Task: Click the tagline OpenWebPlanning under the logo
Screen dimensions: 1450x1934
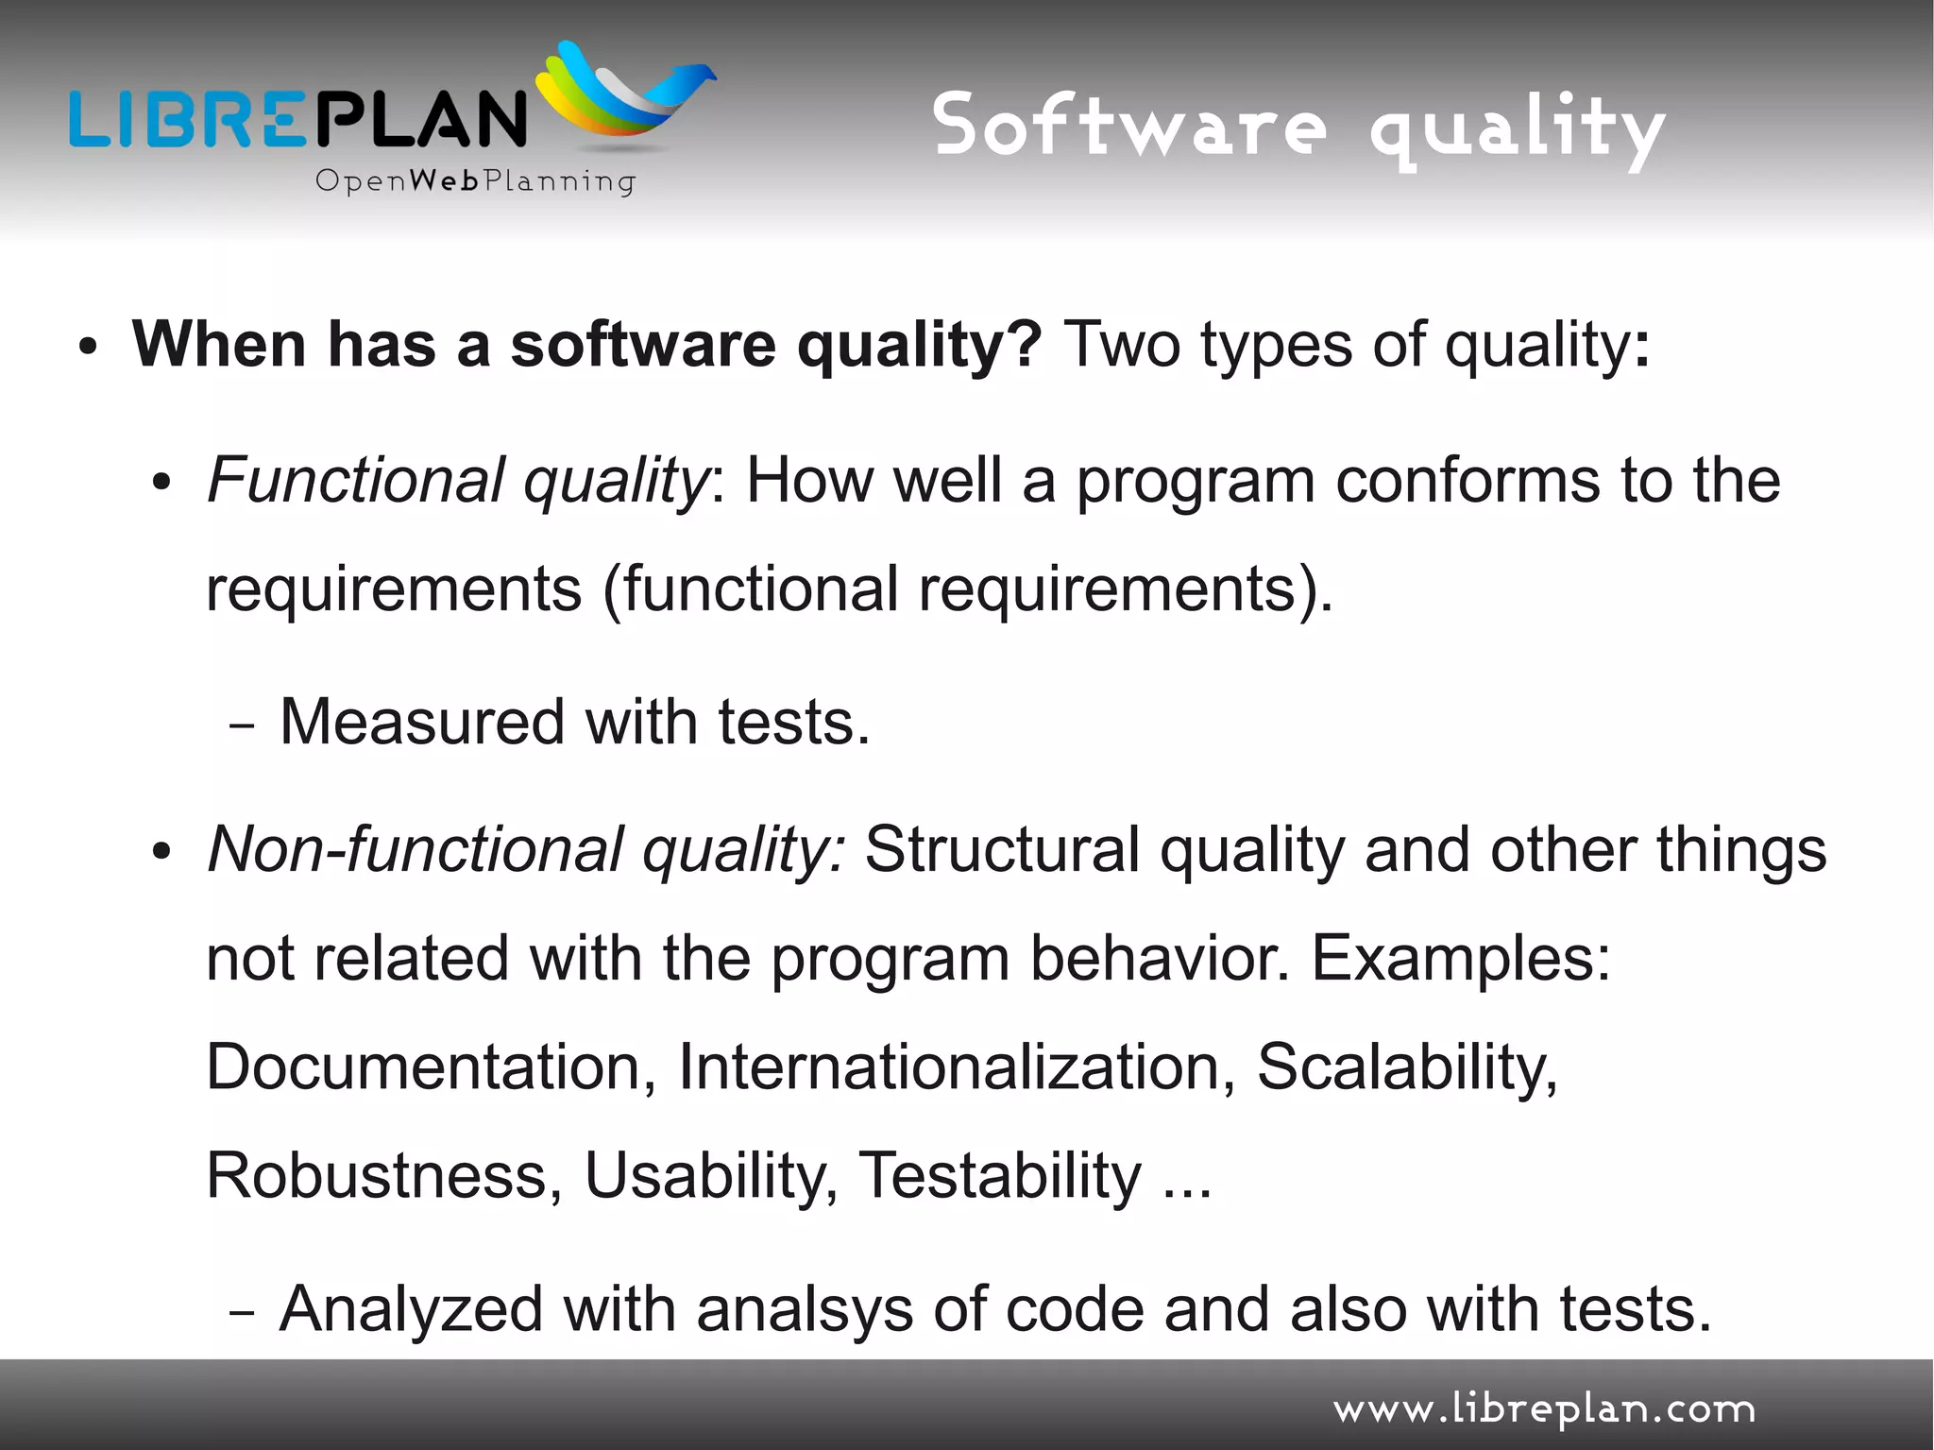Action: click(475, 181)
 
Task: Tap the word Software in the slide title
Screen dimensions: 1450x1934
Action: click(1128, 128)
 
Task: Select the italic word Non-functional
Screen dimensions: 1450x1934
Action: click(415, 848)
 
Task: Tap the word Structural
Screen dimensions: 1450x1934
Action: click(1002, 848)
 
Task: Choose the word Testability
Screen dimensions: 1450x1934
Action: click(1000, 1176)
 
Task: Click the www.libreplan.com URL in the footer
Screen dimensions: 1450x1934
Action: click(1544, 1410)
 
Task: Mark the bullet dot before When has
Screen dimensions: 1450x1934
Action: click(88, 348)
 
